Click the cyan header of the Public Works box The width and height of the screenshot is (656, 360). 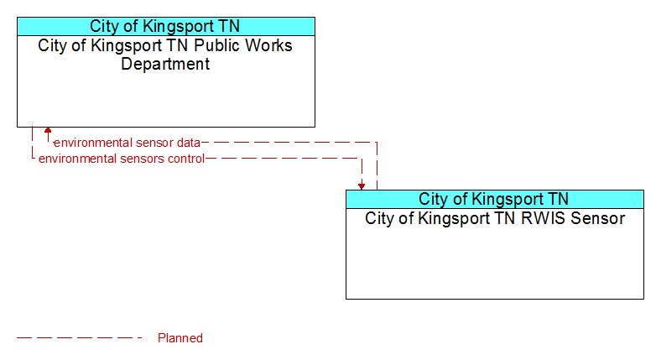click(x=166, y=26)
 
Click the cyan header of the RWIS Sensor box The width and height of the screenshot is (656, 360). click(x=495, y=199)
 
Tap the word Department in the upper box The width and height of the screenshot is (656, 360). click(x=165, y=64)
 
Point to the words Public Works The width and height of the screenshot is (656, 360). click(x=243, y=45)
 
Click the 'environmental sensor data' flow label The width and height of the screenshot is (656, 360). click(x=128, y=143)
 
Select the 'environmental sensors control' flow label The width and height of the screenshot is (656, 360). click(x=122, y=159)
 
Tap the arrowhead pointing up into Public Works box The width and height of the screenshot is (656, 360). click(x=48, y=130)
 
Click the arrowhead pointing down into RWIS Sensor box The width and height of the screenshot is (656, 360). click(x=362, y=186)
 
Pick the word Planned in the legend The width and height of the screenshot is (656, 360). click(x=180, y=338)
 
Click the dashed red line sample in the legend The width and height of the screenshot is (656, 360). click(x=80, y=338)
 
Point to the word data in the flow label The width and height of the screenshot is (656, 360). click(x=188, y=143)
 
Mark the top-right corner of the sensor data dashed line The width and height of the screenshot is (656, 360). click(x=377, y=143)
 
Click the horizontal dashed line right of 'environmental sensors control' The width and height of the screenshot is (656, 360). click(x=284, y=159)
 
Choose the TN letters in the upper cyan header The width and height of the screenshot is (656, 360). click(x=229, y=26)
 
